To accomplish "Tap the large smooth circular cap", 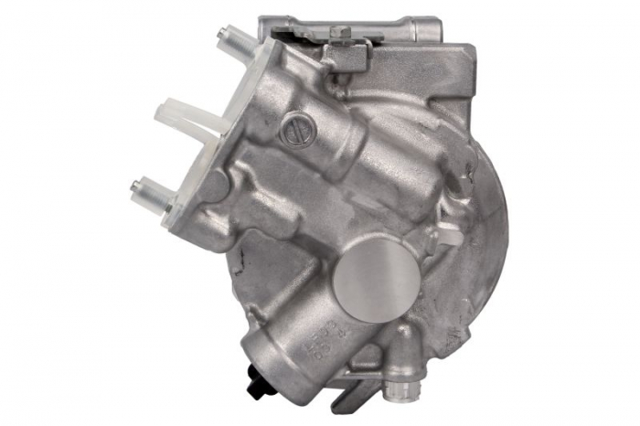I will [x=370, y=276].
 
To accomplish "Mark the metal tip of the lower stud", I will [x=136, y=186].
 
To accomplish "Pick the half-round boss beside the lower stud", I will [x=211, y=187].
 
